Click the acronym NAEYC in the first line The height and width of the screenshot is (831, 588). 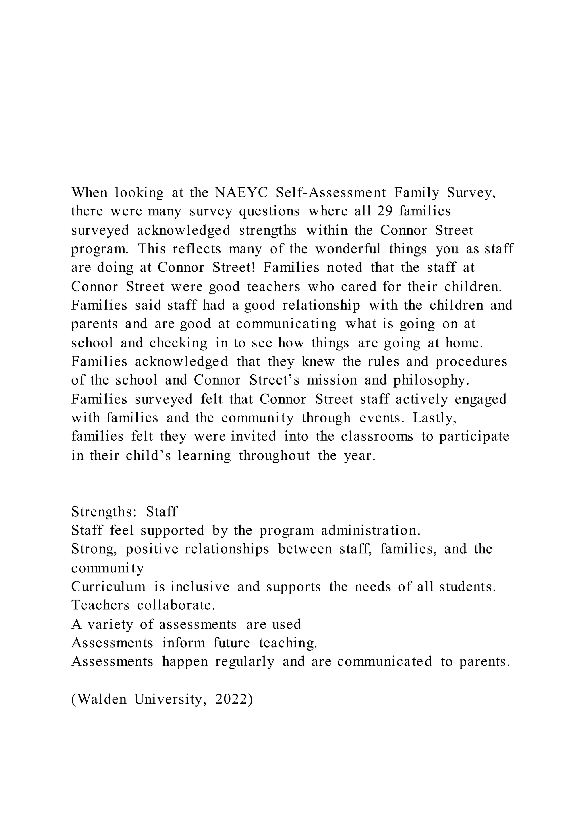(x=241, y=192)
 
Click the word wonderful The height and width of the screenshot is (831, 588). (x=348, y=249)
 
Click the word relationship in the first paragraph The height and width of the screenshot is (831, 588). (x=321, y=305)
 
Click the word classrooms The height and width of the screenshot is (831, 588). (x=377, y=436)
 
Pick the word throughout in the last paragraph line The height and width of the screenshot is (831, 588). (x=274, y=455)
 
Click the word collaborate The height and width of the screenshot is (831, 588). (x=176, y=605)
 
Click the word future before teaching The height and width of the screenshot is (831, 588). (x=232, y=643)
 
